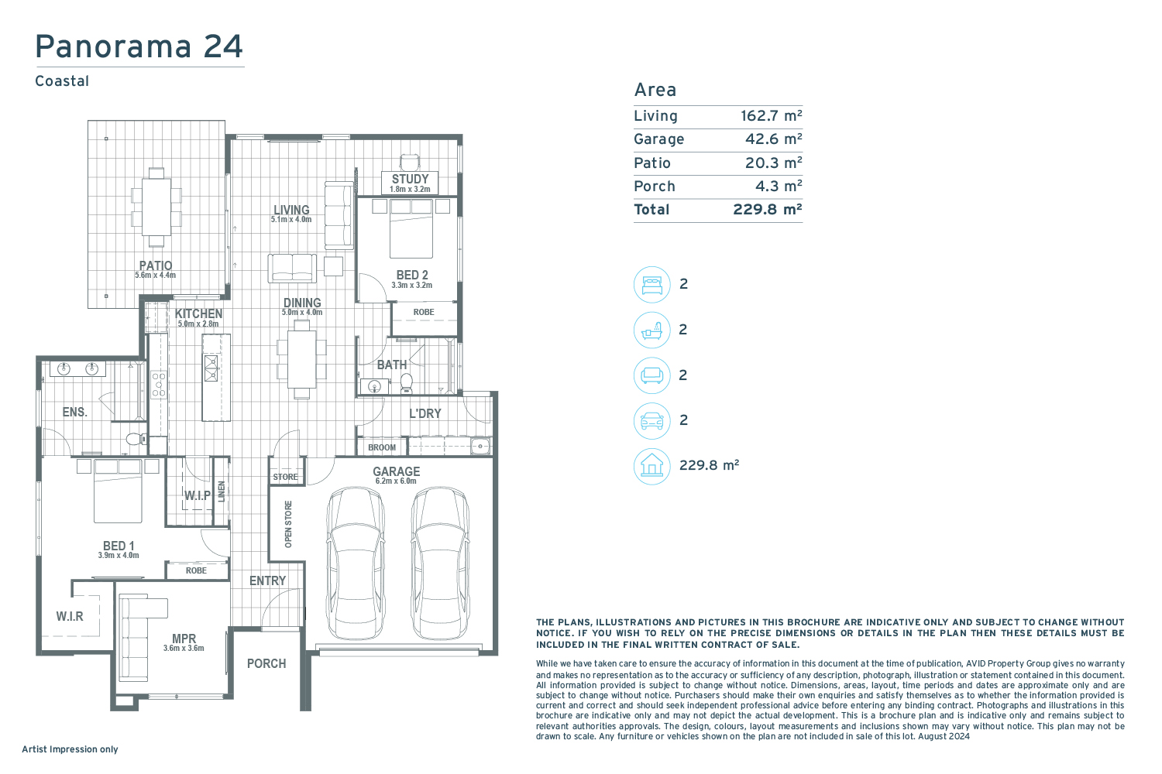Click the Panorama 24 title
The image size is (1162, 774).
click(x=139, y=46)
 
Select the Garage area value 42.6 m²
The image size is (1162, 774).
click(x=773, y=139)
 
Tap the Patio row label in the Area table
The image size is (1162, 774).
click(x=652, y=163)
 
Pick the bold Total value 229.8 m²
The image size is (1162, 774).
click(x=767, y=210)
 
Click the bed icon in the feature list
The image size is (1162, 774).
click(x=652, y=285)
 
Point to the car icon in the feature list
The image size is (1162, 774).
click(x=652, y=420)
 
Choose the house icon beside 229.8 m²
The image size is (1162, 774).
click(x=652, y=466)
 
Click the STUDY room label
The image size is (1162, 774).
click(x=410, y=179)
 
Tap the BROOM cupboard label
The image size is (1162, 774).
click(x=382, y=447)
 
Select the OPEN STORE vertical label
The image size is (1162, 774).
click(x=288, y=524)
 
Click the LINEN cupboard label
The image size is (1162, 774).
click(x=222, y=491)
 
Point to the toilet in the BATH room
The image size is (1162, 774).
click(x=407, y=384)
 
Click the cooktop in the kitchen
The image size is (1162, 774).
click(x=159, y=384)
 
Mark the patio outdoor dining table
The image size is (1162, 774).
click(x=156, y=207)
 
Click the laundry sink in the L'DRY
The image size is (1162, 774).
click(x=480, y=446)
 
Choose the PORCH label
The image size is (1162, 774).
click(x=266, y=663)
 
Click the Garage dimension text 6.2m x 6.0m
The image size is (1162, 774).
click(x=396, y=481)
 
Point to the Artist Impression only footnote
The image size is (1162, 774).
click(x=70, y=749)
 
